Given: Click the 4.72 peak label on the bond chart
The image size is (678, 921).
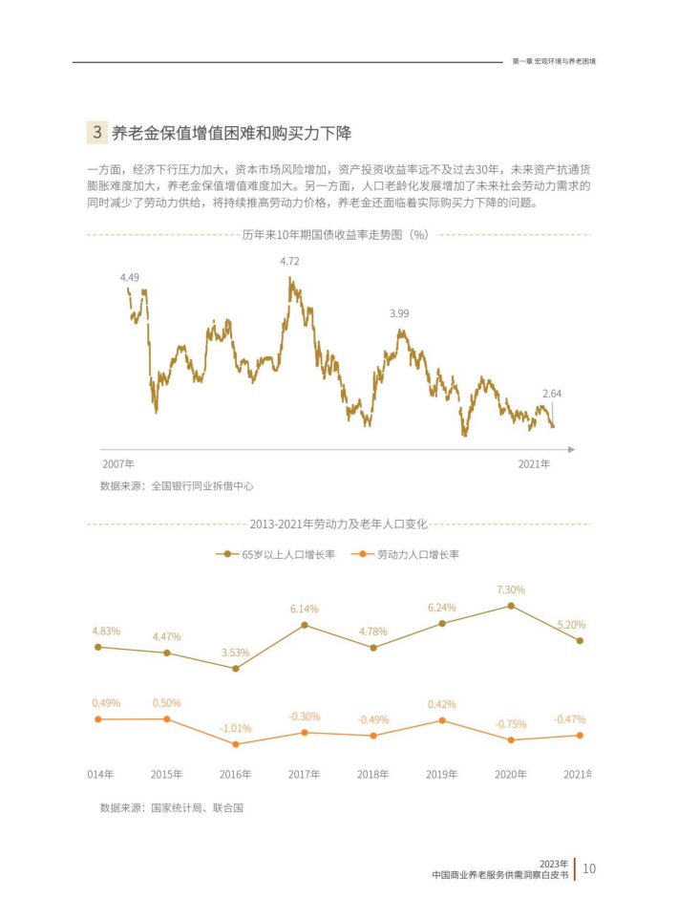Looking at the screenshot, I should coord(289,261).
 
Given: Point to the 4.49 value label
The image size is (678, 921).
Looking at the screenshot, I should coord(130,277).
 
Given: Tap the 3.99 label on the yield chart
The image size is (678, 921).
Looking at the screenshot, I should coord(399,313).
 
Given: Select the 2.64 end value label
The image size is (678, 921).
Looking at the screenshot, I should coord(552,393).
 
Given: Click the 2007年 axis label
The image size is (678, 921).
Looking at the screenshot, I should coord(118,463).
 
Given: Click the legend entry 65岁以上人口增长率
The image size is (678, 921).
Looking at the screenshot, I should coord(276,554).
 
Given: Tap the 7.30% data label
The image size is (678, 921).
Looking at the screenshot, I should coord(511,589).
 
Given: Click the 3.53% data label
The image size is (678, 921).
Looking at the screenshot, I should coord(235,653).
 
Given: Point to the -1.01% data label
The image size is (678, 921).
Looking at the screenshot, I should coord(235,728).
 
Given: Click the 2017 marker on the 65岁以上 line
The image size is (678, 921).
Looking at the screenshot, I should coord(305,625).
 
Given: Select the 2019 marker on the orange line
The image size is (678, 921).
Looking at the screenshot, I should coord(442,720).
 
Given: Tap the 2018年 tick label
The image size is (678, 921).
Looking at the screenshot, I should coord(372,774).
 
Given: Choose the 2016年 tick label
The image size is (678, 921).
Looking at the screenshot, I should coord(235,774).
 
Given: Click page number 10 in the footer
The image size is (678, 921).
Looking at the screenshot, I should coord(589,868).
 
